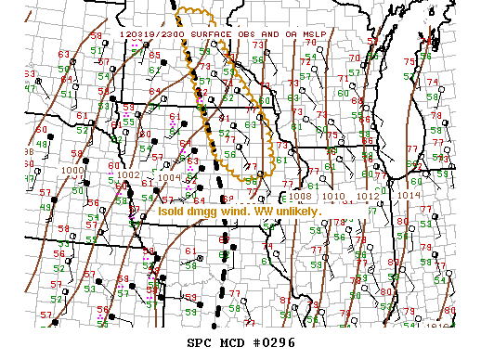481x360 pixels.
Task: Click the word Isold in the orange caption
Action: point(171,212)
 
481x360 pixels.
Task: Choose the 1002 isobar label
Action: point(128,174)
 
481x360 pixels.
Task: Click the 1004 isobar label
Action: point(167,177)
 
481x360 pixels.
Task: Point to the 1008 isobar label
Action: point(299,197)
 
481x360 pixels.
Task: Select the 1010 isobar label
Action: point(332,197)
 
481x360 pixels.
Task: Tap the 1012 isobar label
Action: point(367,197)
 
